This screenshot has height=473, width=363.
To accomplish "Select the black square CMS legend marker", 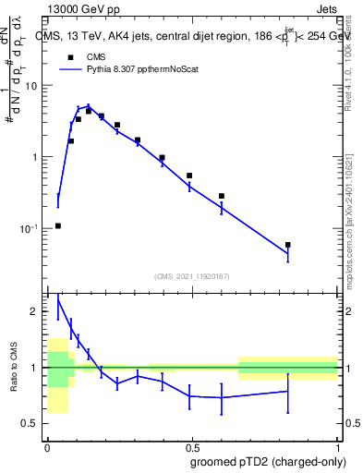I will click(x=70, y=55).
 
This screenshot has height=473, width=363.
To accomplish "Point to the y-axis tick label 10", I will click(x=33, y=86).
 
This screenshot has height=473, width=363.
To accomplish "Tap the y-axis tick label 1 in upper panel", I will click(x=37, y=157).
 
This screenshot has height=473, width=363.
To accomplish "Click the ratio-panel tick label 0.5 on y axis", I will click(x=31, y=424).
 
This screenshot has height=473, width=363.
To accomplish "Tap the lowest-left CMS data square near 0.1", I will click(x=58, y=225).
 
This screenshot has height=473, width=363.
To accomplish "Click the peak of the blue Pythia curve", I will click(x=89, y=106).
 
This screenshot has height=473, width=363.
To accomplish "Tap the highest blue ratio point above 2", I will click(x=58, y=297).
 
